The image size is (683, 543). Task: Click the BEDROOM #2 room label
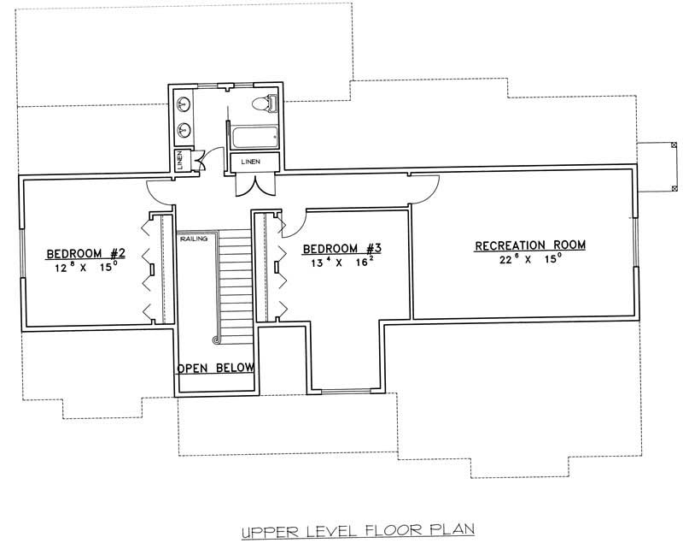coord(86,253)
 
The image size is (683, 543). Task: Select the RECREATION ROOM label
coord(530,245)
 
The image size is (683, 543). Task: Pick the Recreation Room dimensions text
coord(530,259)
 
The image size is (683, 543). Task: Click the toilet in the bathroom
coord(266,104)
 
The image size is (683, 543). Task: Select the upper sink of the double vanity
coord(184,105)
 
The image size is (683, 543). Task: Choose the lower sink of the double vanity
coord(184,131)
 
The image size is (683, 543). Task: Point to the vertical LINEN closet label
coord(180,160)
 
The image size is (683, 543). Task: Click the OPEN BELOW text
coord(215,369)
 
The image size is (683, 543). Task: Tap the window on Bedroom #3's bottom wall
coord(345,391)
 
